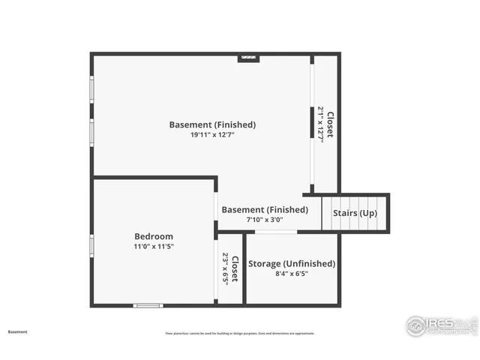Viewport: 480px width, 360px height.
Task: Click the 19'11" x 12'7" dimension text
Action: click(x=212, y=135)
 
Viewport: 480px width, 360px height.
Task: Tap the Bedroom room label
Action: click(x=154, y=236)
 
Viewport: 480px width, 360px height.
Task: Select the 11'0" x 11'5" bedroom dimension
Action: click(x=154, y=247)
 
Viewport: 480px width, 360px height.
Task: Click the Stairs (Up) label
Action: click(x=355, y=214)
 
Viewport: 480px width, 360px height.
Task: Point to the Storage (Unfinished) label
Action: click(x=292, y=263)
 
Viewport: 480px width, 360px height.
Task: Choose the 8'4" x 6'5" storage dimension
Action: click(x=292, y=274)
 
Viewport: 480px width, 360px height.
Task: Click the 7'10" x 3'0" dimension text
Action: click(x=265, y=220)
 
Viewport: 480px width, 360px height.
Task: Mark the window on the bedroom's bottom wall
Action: click(x=148, y=305)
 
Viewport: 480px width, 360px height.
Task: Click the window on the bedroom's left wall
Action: click(x=91, y=245)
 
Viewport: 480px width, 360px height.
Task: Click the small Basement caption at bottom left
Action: click(x=18, y=331)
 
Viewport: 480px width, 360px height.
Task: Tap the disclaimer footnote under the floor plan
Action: click(x=240, y=333)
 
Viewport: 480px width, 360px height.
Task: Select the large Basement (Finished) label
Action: click(x=212, y=124)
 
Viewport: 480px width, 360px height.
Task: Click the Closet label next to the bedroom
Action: click(x=235, y=269)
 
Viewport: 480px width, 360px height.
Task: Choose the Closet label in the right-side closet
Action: click(x=331, y=124)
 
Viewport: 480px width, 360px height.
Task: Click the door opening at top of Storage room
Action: click(x=275, y=232)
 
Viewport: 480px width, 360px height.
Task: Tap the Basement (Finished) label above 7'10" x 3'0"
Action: click(x=265, y=210)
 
